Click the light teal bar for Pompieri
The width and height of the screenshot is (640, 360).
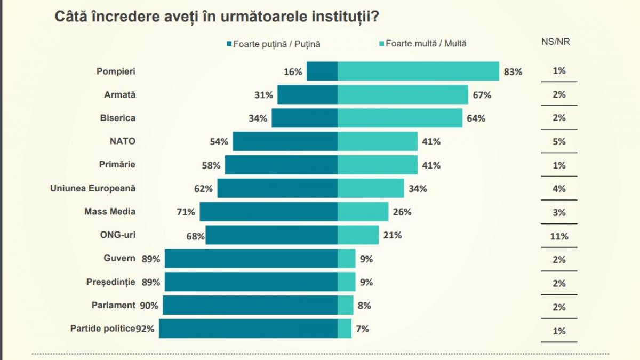point(418,71)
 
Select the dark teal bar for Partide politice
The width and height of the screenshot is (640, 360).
point(248,329)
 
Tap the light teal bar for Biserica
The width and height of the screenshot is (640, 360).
point(400,118)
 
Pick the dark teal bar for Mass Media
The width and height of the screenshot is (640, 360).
point(268,212)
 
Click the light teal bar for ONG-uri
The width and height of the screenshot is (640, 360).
point(358,235)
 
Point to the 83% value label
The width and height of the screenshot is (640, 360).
point(513,72)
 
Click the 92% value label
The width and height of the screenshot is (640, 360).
point(145,329)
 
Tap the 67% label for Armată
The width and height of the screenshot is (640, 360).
point(482,95)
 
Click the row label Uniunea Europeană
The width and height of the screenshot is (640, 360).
point(93,188)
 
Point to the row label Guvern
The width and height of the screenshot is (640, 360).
point(119,259)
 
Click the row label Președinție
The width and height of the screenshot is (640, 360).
point(111,282)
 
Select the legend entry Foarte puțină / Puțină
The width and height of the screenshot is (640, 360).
point(274,44)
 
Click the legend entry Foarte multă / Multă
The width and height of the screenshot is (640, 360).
point(423,44)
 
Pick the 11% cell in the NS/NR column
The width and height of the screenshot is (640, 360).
point(559,236)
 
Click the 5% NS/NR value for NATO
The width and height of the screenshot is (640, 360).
point(559,142)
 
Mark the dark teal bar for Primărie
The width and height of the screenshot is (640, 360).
point(281,165)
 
